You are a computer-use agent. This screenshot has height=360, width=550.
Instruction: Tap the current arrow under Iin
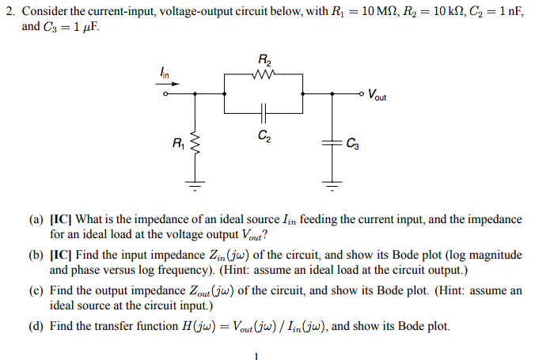(x=168, y=84)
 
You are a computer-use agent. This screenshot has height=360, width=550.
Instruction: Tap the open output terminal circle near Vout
(x=361, y=95)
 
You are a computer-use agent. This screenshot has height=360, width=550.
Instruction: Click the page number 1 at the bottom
(x=256, y=354)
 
